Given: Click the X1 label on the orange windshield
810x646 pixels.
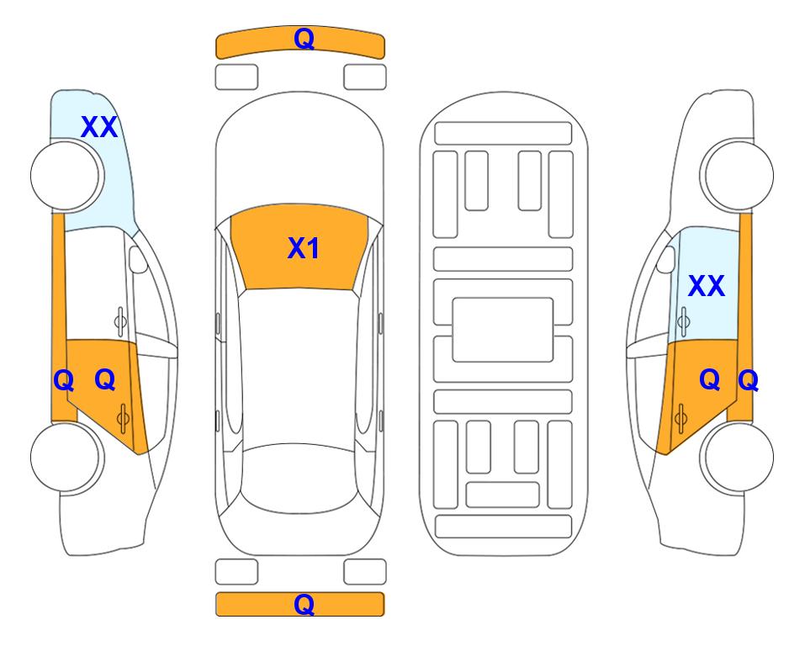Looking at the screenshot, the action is click(304, 248).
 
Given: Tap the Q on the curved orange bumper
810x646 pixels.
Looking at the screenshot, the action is click(304, 39).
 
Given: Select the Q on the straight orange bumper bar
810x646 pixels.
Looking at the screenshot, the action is click(304, 604).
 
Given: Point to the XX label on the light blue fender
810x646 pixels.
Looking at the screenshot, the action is click(99, 127).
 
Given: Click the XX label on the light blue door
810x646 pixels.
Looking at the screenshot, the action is click(707, 286).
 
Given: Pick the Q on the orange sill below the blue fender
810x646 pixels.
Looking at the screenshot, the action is click(64, 381).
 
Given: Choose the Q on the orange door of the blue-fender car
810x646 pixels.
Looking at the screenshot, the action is click(105, 380).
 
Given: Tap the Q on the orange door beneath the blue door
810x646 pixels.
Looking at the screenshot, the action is click(709, 380).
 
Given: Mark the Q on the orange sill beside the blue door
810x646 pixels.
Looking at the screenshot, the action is click(748, 381).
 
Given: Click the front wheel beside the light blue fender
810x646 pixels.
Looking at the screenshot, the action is click(67, 175).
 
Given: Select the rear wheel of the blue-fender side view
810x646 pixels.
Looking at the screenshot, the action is click(67, 457).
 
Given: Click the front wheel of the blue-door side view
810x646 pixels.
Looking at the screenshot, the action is click(737, 175).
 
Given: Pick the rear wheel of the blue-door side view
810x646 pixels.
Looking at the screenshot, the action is click(737, 457).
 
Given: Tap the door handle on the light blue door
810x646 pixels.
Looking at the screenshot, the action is click(683, 321).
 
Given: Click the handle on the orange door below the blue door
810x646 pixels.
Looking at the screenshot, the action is click(680, 418).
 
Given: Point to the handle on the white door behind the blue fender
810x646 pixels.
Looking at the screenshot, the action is click(119, 321).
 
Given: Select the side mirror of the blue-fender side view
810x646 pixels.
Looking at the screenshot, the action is click(137, 259).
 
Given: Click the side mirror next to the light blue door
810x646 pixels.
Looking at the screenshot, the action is click(666, 259).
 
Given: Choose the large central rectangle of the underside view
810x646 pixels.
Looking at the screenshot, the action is click(503, 330).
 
